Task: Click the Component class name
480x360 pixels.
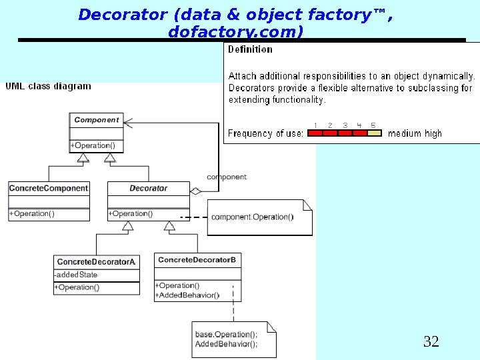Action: pyautogui.click(x=97, y=120)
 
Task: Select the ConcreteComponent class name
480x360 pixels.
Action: pyautogui.click(x=49, y=189)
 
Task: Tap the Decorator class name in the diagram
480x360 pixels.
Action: pyautogui.click(x=149, y=189)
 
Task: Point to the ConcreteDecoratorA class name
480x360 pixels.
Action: pyautogui.click(x=97, y=262)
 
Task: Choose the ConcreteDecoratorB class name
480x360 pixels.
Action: pyautogui.click(x=197, y=259)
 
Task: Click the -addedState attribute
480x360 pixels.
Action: pyautogui.click(x=76, y=275)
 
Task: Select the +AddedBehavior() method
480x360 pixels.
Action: pyautogui.click(x=187, y=295)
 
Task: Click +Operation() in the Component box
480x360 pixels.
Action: pyautogui.click(x=93, y=145)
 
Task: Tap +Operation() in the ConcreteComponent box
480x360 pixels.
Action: pyautogui.click(x=32, y=214)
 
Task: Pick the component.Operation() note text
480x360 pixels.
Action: pyautogui.click(x=252, y=217)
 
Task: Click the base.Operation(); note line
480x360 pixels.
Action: pyautogui.click(x=226, y=335)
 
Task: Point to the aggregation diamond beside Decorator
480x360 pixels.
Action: pyautogui.click(x=195, y=191)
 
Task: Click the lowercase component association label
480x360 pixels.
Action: pyautogui.click(x=227, y=177)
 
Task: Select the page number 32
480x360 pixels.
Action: pyautogui.click(x=431, y=343)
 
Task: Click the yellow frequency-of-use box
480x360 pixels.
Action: pyautogui.click(x=375, y=133)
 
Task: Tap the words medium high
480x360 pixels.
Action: pyautogui.click(x=415, y=133)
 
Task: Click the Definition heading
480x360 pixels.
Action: pyautogui.click(x=250, y=49)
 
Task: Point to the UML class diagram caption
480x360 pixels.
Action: pyautogui.click(x=49, y=87)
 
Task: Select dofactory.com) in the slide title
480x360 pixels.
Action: pyautogui.click(x=236, y=31)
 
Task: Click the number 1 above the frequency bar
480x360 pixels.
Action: pyautogui.click(x=315, y=125)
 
